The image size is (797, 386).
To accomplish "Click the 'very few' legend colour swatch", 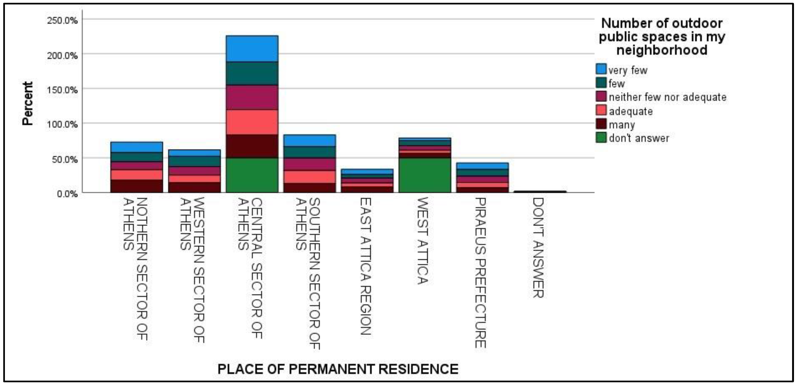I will click(601, 69).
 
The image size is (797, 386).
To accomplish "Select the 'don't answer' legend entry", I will click(639, 138).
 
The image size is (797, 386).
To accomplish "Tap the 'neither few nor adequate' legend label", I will click(667, 97).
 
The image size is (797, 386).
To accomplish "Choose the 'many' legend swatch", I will click(601, 124).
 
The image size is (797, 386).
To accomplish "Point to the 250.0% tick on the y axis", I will click(62, 20).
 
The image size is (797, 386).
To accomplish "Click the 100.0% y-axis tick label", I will click(62, 124).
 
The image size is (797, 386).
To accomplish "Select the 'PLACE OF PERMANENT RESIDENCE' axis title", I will click(338, 369).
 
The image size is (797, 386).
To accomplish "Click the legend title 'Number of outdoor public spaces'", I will click(662, 36).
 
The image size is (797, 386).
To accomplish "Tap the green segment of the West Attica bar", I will click(425, 175).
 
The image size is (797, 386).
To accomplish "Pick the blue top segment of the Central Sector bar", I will click(252, 49).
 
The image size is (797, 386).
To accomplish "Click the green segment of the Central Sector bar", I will click(252, 175).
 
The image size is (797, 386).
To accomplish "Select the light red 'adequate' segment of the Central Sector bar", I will click(252, 122).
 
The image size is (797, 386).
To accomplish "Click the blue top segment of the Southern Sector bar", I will click(309, 140).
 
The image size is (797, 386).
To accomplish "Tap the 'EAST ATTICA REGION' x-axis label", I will click(365, 266).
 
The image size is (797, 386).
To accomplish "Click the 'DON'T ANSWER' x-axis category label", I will click(538, 248).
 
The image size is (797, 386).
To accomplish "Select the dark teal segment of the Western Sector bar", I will click(194, 161).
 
